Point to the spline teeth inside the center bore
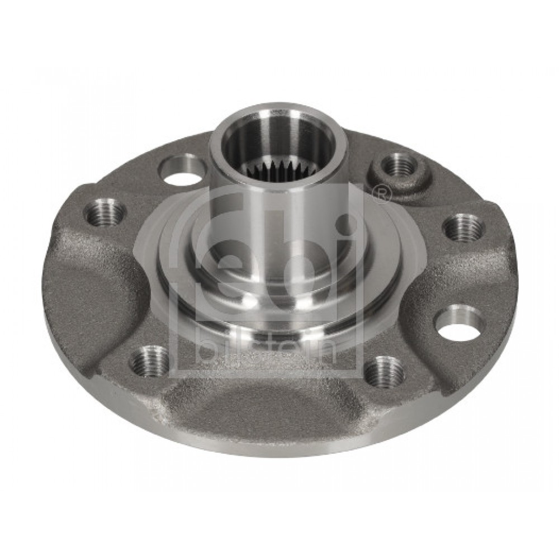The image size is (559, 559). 277,167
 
